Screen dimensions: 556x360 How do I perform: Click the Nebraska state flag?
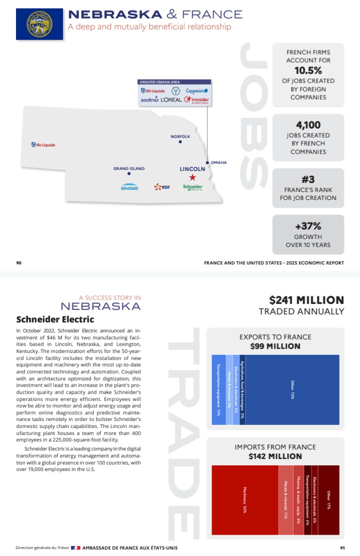pyautogui.click(x=39, y=24)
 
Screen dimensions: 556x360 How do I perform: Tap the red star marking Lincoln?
pyautogui.click(x=192, y=177)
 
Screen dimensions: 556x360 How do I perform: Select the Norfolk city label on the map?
pyautogui.click(x=180, y=136)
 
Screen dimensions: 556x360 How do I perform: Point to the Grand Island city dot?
pyautogui.click(x=129, y=173)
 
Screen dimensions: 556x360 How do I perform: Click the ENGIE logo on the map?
pyautogui.click(x=129, y=187)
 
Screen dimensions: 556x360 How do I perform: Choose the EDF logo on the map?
pyautogui.click(x=162, y=187)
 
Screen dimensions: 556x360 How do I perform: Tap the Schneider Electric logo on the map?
pyautogui.click(x=192, y=187)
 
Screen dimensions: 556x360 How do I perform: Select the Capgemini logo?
pyautogui.click(x=196, y=91)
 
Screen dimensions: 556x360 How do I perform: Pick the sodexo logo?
pyautogui.click(x=149, y=100)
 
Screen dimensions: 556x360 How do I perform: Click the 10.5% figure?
pyautogui.click(x=308, y=70)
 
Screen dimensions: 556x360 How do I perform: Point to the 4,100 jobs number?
pyautogui.click(x=308, y=125)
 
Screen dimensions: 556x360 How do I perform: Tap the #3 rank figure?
pyautogui.click(x=308, y=179)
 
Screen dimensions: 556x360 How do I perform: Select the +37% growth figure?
pyautogui.click(x=308, y=226)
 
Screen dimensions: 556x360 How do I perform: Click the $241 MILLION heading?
pyautogui.click(x=306, y=300)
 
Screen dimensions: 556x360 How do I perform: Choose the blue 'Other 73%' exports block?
pyautogui.click(x=292, y=389)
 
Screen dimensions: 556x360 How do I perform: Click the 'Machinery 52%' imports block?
pyautogui.click(x=245, y=499)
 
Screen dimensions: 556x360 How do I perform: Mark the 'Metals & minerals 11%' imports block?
pyautogui.click(x=285, y=499)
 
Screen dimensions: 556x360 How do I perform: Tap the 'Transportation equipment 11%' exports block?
pyautogui.click(x=218, y=389)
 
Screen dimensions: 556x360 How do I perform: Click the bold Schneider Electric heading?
pyautogui.click(x=55, y=319)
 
